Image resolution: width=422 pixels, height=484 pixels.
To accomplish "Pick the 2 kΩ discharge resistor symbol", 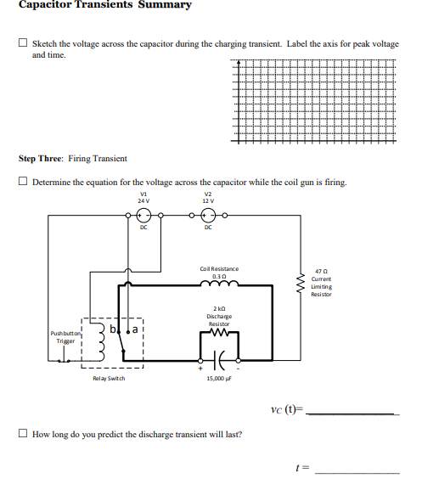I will coord(219,333).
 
